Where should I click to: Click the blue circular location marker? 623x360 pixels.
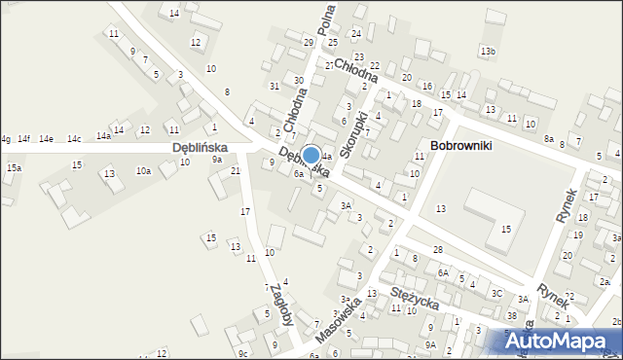(x=311, y=156)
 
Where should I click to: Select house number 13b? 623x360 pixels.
(x=487, y=51)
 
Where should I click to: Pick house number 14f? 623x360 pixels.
(x=23, y=139)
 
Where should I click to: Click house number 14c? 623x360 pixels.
(x=74, y=139)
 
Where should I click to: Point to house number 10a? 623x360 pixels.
(x=143, y=171)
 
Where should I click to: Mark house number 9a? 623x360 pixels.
(x=218, y=159)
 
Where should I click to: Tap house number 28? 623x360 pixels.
(x=438, y=250)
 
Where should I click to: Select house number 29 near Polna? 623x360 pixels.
(x=309, y=42)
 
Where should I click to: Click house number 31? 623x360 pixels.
(x=275, y=87)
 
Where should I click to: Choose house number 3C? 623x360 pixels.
(x=496, y=293)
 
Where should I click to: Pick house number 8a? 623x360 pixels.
(x=549, y=139)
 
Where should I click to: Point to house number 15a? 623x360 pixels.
(x=14, y=168)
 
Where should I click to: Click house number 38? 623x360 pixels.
(x=511, y=316)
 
